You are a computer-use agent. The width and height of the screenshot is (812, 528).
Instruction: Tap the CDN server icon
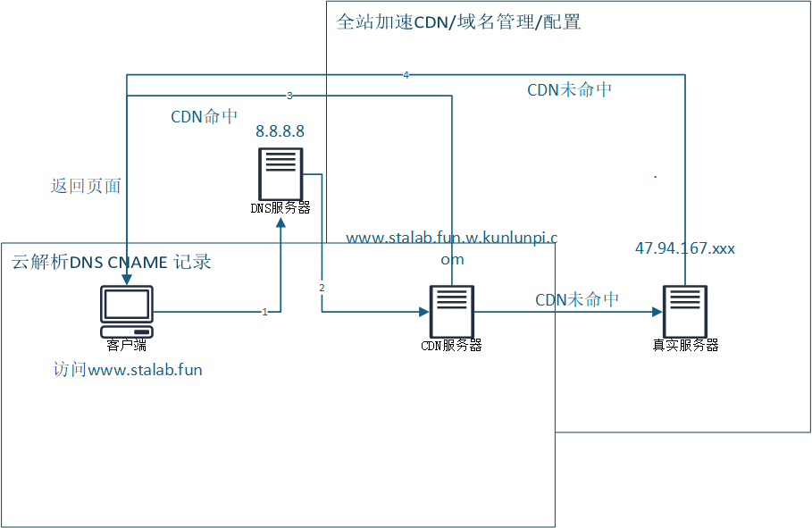pos(451,311)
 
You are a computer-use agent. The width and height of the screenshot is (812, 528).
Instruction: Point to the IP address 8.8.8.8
pos(280,131)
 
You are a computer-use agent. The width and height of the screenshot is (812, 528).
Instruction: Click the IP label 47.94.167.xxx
pos(685,248)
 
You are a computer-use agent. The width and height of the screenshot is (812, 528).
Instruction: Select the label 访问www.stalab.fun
pos(128,369)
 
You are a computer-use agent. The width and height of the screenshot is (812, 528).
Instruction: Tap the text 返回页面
pos(86,186)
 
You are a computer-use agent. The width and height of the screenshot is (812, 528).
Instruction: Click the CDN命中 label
pos(205,117)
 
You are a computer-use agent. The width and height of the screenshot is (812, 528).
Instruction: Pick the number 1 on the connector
pos(264,312)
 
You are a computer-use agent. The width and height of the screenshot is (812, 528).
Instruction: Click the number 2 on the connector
pos(322,288)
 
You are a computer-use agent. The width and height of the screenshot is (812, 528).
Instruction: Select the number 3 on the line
pos(289,95)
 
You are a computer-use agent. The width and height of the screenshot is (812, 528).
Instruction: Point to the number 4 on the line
pos(406,75)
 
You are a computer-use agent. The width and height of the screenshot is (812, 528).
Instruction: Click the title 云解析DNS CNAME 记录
pos(111,262)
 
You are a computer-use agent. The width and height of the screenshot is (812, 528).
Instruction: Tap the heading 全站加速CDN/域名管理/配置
pos(458,22)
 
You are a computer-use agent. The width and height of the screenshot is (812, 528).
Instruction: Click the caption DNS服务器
pos(280,208)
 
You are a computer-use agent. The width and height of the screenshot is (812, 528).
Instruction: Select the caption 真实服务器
pos(685,345)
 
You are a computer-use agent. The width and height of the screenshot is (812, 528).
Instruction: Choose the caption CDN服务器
pos(451,345)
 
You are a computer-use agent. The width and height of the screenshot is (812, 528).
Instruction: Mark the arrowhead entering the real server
pos(657,312)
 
